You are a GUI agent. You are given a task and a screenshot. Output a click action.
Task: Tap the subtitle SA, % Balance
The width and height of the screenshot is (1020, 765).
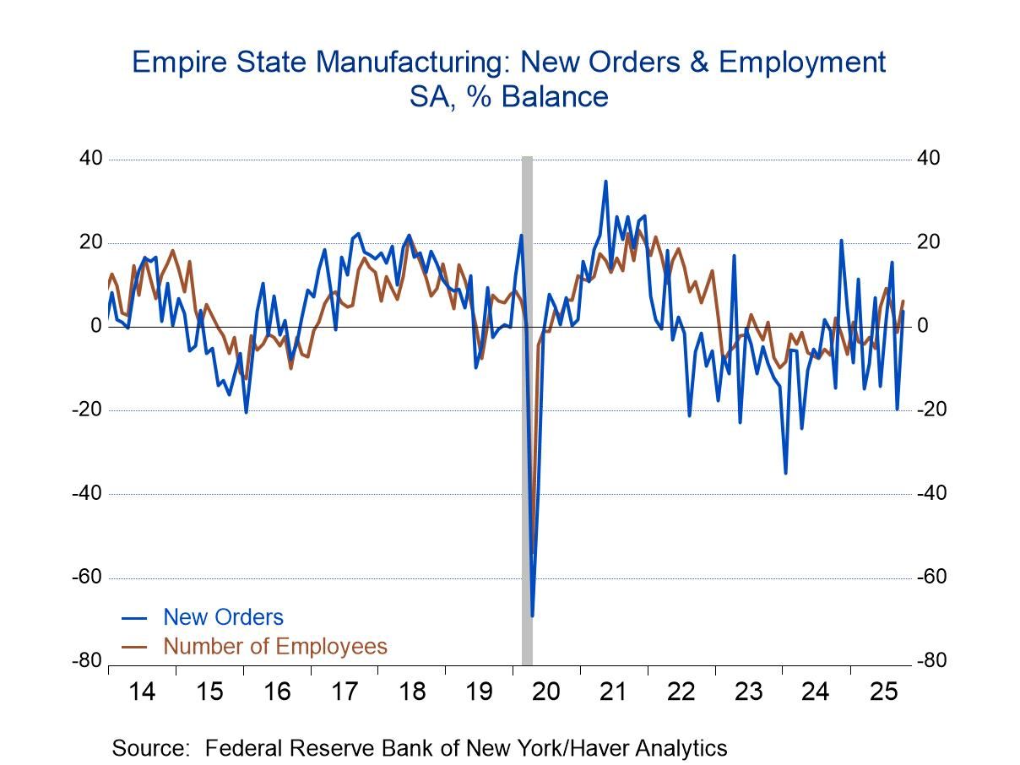click(508, 97)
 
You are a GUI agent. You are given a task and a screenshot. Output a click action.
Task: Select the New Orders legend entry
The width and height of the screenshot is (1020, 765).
click(223, 617)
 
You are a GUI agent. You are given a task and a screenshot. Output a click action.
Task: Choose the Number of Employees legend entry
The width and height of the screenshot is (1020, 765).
click(274, 647)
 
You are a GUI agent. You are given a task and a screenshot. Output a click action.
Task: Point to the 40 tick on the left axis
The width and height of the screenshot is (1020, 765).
click(90, 159)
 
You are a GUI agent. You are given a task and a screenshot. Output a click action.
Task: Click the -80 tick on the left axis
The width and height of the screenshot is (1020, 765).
click(86, 661)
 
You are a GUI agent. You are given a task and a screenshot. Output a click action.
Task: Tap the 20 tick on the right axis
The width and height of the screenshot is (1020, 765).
click(928, 243)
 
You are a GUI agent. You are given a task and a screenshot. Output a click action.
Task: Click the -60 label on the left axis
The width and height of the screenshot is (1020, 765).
click(86, 578)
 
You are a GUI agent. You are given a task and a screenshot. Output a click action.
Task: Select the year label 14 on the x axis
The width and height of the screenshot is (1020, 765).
click(142, 692)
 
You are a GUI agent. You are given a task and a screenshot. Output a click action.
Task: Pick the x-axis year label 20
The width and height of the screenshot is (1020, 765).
click(546, 692)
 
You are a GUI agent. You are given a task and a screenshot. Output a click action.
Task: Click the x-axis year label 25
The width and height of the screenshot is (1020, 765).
click(882, 692)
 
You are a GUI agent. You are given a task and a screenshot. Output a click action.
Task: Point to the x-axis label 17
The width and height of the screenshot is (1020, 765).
click(344, 692)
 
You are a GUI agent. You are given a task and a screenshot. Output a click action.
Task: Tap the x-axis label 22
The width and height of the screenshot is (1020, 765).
click(681, 692)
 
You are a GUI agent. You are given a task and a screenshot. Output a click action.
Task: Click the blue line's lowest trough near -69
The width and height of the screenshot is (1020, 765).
click(532, 615)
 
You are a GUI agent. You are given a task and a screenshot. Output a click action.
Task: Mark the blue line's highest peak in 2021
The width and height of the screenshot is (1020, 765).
click(605, 182)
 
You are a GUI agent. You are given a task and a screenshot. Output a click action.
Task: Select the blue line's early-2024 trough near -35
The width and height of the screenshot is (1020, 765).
click(785, 472)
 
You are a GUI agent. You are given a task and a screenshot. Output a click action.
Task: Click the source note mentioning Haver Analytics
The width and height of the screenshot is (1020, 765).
click(420, 748)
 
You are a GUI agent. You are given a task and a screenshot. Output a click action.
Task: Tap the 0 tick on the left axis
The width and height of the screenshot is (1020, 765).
click(96, 327)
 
